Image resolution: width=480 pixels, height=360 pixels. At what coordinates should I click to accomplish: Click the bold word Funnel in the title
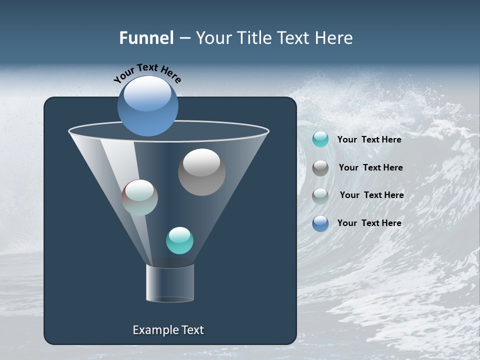coord(146,38)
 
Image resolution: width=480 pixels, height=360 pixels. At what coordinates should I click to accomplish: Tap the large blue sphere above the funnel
coord(147,106)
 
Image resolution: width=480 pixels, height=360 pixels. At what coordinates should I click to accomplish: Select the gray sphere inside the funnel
coord(201,172)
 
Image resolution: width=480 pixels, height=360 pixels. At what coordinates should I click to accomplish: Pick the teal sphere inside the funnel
coord(179,240)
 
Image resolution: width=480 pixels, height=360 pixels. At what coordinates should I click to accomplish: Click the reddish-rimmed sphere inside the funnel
coord(140,197)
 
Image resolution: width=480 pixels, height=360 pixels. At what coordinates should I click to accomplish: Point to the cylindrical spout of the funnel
coord(170,283)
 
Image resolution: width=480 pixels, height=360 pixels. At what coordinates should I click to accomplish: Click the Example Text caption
coord(168,330)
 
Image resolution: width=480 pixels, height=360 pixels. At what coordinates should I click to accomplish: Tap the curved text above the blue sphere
coord(147,72)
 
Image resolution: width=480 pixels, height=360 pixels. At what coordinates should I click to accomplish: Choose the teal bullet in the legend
coord(320,139)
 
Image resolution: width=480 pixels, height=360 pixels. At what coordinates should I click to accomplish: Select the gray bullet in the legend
coord(320,168)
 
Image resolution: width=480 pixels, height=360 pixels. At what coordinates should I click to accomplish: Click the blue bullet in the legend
coord(320,223)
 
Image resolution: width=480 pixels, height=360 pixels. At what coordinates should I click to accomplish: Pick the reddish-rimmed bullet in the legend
coord(320,195)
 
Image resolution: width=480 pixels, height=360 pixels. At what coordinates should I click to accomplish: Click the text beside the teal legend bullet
coord(369,139)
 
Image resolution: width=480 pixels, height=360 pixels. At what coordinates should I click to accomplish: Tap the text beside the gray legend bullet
coord(370,167)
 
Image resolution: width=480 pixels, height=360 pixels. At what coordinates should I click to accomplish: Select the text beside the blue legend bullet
coord(369,223)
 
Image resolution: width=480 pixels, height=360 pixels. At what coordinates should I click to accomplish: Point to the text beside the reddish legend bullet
coord(371,195)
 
